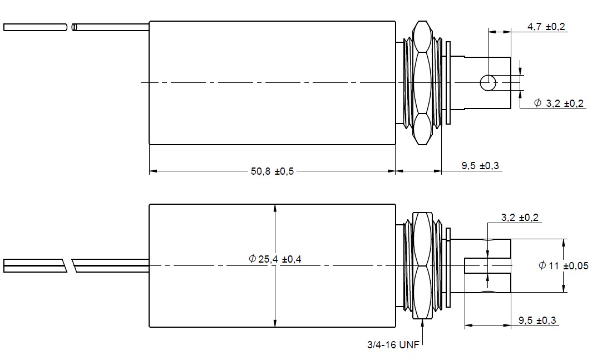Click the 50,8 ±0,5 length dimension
[x=272, y=171]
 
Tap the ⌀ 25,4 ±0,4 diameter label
[x=275, y=259]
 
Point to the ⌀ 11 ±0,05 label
[x=563, y=266]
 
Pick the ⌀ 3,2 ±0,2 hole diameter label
[x=559, y=103]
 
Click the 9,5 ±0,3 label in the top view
[x=481, y=165]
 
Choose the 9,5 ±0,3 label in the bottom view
[x=537, y=320]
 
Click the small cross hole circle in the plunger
[x=488, y=83]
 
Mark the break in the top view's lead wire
[x=71, y=27]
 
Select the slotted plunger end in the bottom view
[x=487, y=266]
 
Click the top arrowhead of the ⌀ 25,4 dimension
[x=275, y=208]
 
